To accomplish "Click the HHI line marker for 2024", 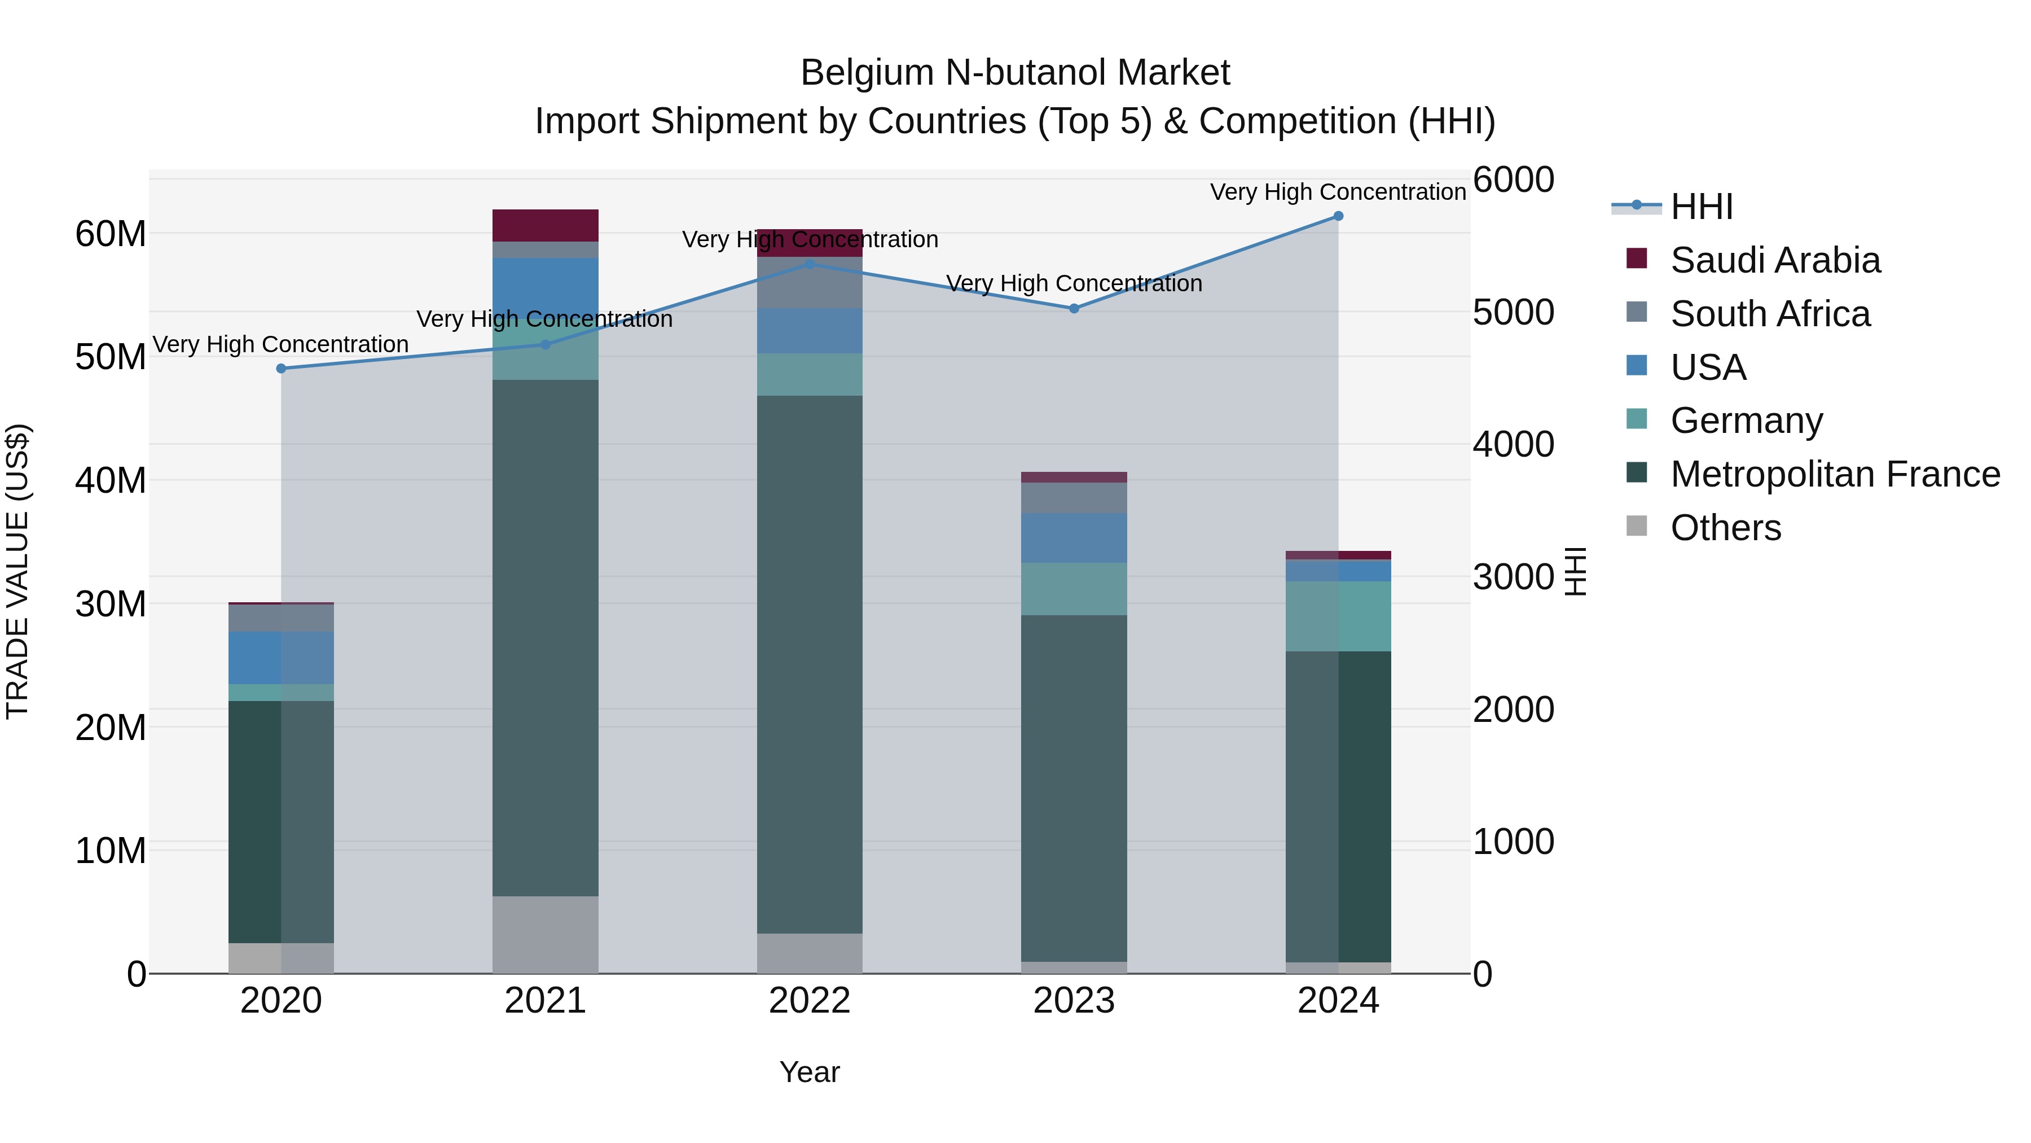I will click(x=1338, y=216).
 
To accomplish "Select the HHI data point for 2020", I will click(x=282, y=369).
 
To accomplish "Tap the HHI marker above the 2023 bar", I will click(x=1074, y=308).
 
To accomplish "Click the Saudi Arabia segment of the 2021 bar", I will click(x=546, y=226).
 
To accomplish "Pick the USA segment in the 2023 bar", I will click(x=1074, y=538).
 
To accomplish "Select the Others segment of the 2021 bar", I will click(x=546, y=935).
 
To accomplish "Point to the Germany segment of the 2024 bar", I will click(x=1338, y=616).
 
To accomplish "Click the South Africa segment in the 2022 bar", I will click(x=810, y=282).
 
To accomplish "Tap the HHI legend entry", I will click(x=1702, y=207).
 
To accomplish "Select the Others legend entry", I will click(x=1725, y=528).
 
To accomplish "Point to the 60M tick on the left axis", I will click(x=111, y=234).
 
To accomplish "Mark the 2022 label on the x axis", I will click(x=810, y=1001).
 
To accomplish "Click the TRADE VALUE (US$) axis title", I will click(x=17, y=571).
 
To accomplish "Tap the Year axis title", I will click(x=810, y=1072).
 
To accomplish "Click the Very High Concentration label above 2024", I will click(x=1338, y=192).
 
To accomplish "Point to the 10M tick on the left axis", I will click(x=111, y=851).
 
